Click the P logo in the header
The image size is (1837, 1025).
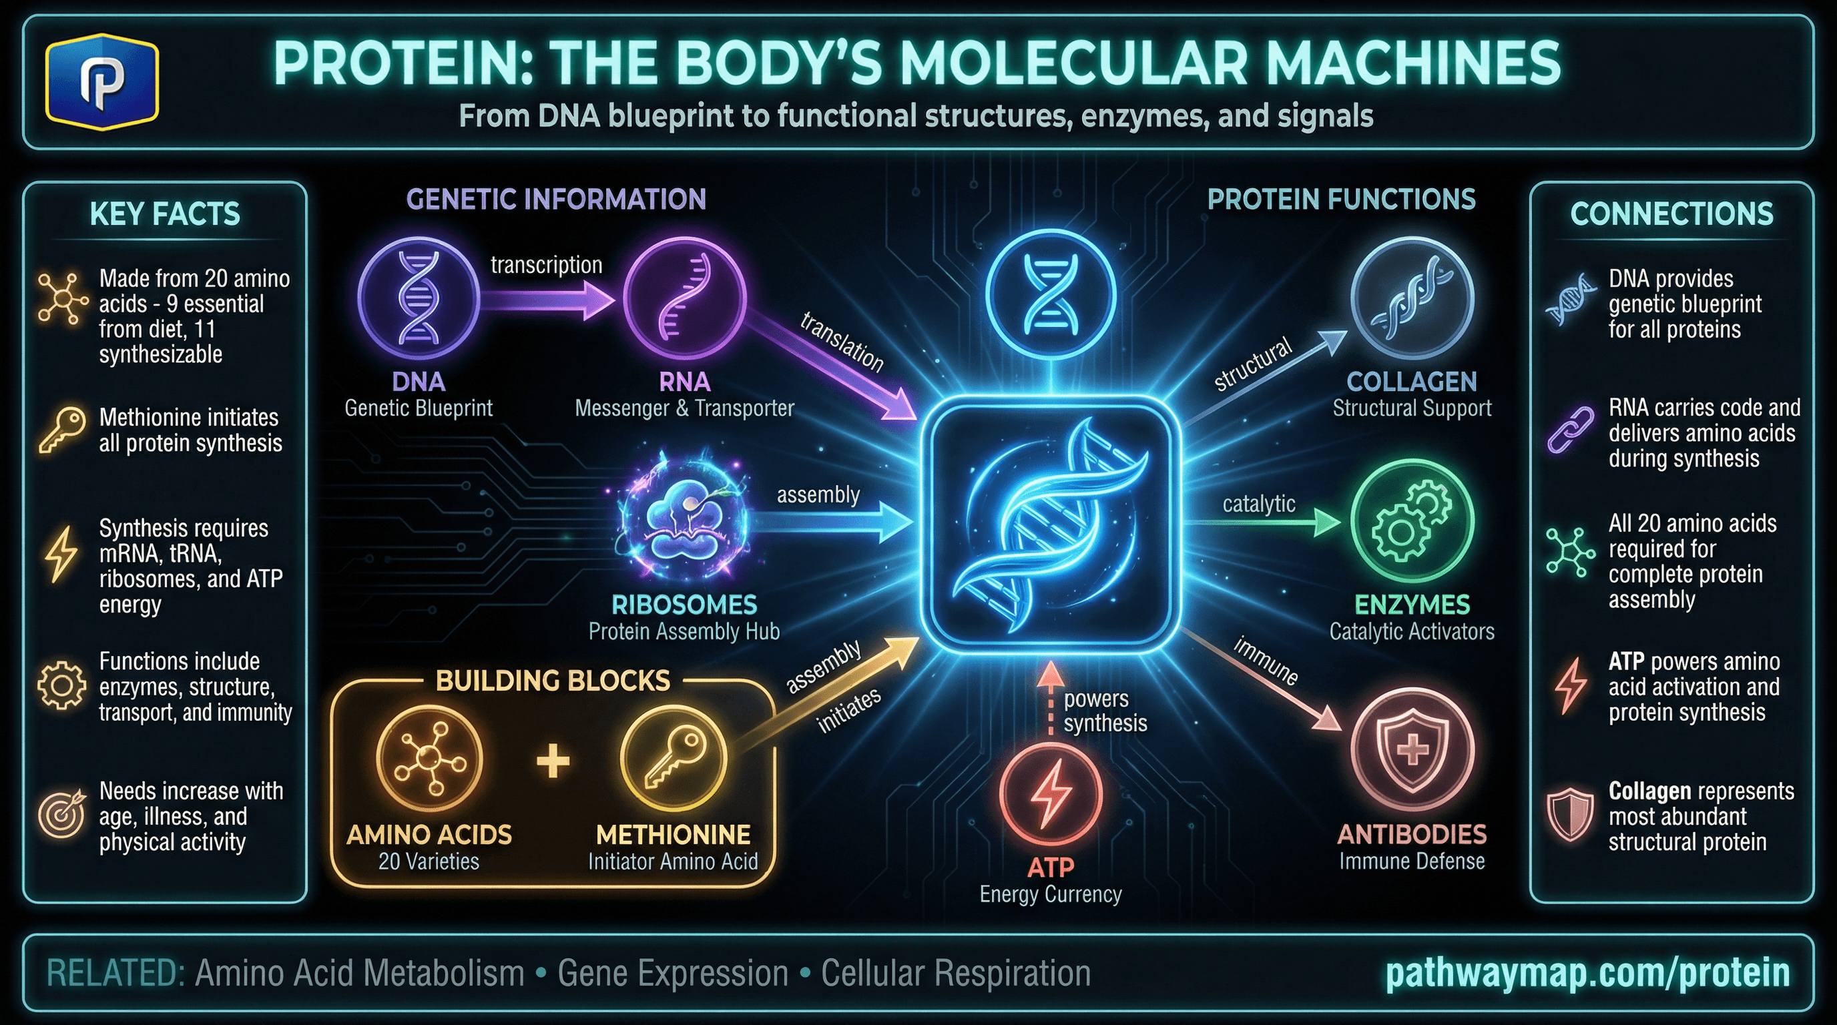(101, 83)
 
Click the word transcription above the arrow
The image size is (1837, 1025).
(546, 265)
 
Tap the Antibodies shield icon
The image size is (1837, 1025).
(1412, 749)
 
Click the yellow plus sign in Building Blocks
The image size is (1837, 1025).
(553, 760)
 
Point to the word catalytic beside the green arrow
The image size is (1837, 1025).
(1259, 504)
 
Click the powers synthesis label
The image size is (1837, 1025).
(1105, 711)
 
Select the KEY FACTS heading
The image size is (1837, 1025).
(165, 214)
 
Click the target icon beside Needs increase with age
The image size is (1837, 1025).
(61, 815)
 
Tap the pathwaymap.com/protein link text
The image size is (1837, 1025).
(1587, 974)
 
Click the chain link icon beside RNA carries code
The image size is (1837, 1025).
(1569, 430)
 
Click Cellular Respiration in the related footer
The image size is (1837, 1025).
(956, 974)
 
